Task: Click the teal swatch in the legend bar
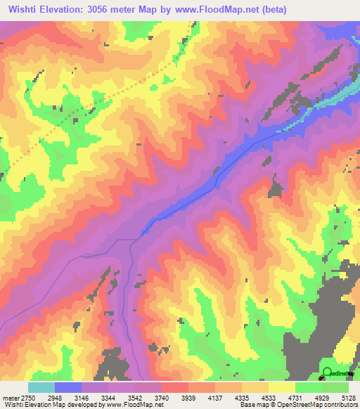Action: tap(41, 387)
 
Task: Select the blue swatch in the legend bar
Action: tap(68, 387)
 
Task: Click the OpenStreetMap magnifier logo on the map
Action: tap(328, 372)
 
